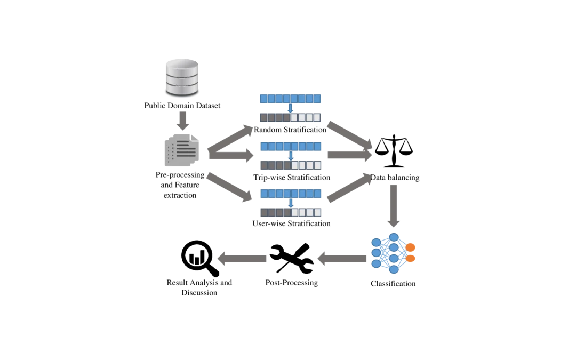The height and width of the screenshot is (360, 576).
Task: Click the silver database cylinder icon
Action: [181, 76]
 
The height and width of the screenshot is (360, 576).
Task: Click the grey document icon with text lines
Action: [181, 151]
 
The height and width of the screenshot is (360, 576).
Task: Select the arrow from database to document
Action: [183, 121]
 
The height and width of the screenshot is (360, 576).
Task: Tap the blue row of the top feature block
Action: [290, 99]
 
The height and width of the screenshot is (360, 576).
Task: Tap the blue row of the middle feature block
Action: [291, 146]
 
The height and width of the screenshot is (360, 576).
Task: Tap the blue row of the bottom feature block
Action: [291, 193]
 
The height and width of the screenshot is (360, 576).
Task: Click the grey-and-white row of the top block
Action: [290, 117]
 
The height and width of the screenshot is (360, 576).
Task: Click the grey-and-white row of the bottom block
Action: [291, 212]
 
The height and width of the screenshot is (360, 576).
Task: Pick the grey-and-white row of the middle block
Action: [291, 165]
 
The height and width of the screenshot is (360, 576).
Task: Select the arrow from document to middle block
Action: [232, 155]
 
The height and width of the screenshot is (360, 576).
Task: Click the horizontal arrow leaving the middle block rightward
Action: [347, 155]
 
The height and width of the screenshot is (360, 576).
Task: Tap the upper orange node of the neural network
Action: [410, 247]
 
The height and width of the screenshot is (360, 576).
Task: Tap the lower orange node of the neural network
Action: [410, 259]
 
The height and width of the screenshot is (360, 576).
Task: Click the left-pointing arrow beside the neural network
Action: [341, 258]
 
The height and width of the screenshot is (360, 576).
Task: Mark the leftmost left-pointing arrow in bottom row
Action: [241, 258]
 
